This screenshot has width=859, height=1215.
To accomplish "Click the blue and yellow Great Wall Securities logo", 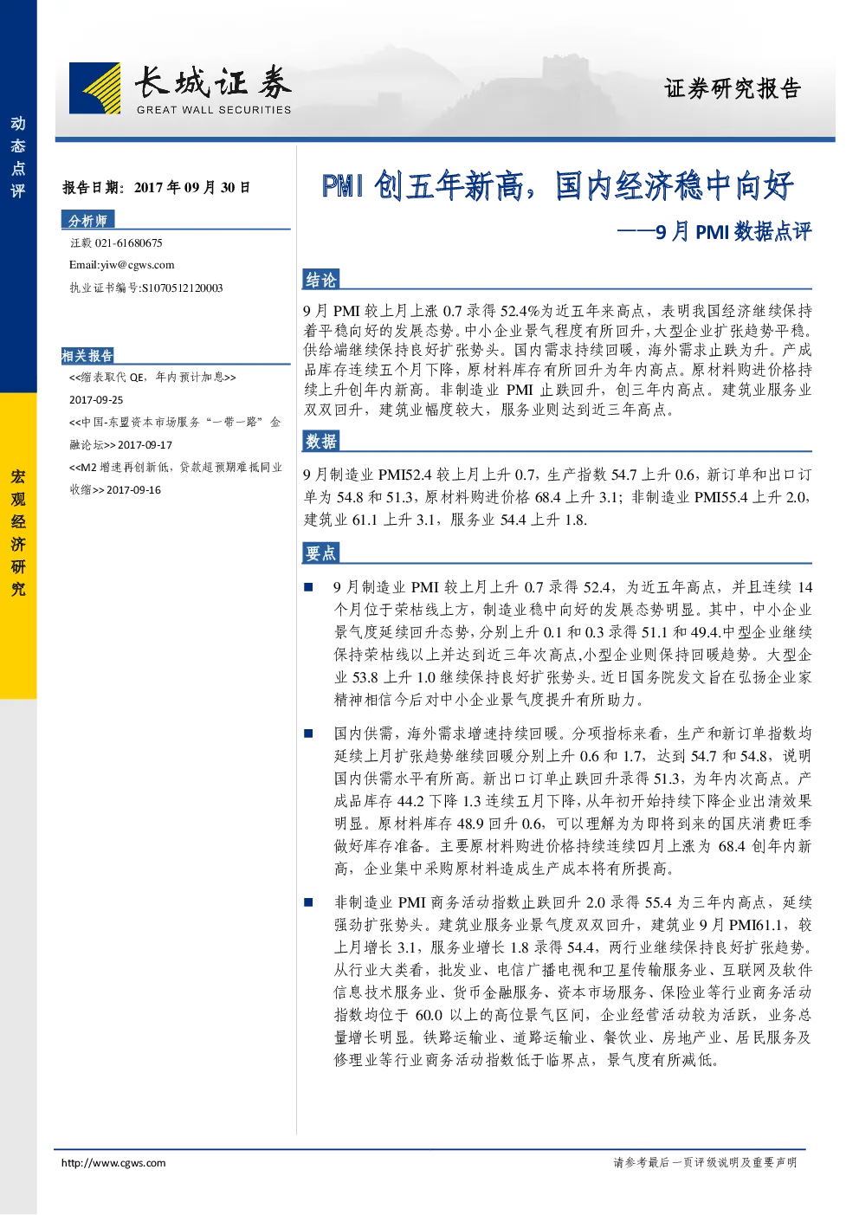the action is pos(94,87).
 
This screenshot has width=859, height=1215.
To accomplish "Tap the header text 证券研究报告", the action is pos(732,88).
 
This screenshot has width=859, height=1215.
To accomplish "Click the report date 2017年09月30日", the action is pos(192,188).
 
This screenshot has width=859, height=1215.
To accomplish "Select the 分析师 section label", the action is pos(87,220).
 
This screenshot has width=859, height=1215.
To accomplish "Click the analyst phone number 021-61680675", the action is pos(128,243).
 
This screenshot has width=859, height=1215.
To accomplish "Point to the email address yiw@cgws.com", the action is pos(137,265).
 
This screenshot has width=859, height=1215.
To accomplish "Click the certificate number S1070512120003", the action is pos(182,288).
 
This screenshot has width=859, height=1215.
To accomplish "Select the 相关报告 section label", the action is pos(87,356).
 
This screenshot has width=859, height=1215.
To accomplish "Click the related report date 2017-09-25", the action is pos(96,400).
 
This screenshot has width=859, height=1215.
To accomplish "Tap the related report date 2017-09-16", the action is pos(133,490).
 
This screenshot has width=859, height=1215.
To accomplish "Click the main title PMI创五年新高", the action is pos(423,185).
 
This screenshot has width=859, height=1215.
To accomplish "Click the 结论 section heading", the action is pos(320,280).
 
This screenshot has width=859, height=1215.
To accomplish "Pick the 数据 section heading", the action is pos(320,442).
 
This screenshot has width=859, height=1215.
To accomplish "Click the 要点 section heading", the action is pos(320,553).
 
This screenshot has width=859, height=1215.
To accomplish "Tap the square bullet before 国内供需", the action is pos(308,734).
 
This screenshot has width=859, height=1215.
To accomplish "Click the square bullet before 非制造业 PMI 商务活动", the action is pos(308,902).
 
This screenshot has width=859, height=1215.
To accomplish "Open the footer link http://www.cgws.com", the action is pos(113,1162).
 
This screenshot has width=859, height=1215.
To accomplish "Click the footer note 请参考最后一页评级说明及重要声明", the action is pos(705,1162).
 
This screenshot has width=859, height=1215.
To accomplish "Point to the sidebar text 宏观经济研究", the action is pos(18,533).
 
